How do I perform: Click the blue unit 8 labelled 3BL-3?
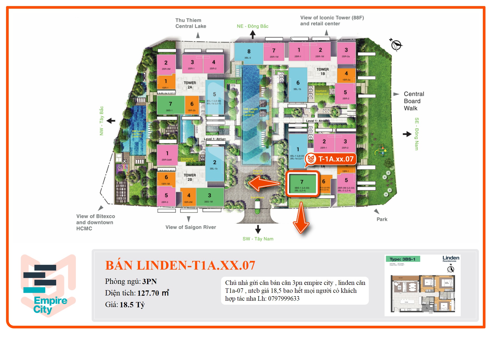tap(248, 53)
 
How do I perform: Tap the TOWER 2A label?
tap(190, 85)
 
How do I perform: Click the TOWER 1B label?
tap(323, 71)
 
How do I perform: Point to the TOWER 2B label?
tap(190, 177)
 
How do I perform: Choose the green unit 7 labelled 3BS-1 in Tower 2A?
tap(170, 105)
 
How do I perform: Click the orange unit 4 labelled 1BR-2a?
tap(346, 75)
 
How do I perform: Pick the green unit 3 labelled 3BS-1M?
tap(209, 197)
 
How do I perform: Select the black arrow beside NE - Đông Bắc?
tap(253, 35)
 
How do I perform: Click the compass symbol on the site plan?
tap(396, 45)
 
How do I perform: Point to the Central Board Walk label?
tap(414, 101)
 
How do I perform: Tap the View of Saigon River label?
tap(190, 227)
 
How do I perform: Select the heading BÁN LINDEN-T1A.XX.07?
tap(180, 265)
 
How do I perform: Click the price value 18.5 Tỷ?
tap(132, 305)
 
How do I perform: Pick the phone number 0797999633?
tap(284, 299)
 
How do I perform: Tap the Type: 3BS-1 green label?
tap(402, 259)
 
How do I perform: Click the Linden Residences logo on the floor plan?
tap(450, 259)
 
